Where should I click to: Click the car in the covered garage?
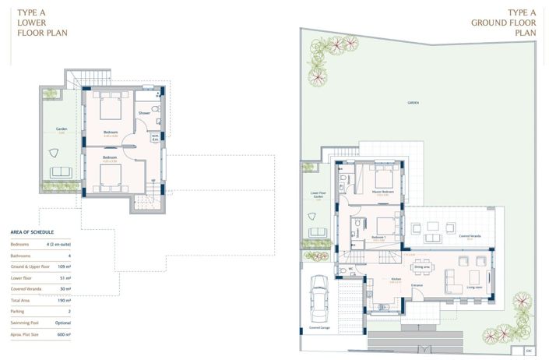click(318, 298)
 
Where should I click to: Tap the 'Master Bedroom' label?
click(382, 192)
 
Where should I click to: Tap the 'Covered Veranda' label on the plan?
click(470, 235)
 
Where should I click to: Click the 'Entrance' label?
click(417, 285)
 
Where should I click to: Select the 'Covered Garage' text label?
click(320, 328)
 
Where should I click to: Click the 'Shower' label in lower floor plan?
click(144, 113)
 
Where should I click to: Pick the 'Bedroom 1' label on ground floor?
click(379, 237)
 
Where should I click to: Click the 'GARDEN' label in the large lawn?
click(413, 102)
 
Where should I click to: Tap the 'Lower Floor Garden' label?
click(317, 195)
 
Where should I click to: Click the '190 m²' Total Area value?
click(64, 299)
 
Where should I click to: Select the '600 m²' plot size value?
click(63, 334)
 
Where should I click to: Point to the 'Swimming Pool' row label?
click(24, 322)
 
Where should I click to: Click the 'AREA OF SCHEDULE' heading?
click(32, 232)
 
